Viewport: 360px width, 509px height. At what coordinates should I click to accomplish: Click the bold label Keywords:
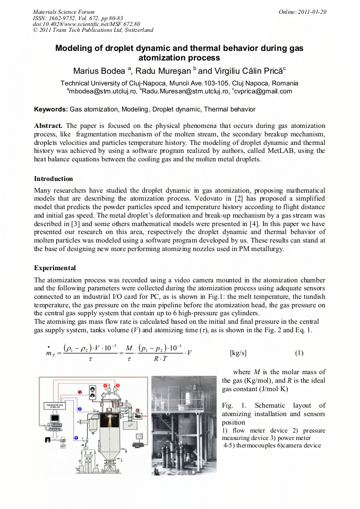click(51, 109)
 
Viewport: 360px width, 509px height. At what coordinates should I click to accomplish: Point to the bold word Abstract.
click(48, 126)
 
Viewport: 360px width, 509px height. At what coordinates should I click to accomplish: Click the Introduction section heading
click(54, 179)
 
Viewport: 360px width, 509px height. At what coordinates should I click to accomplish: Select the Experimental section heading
click(55, 268)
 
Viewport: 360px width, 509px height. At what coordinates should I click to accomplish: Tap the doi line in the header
click(86, 24)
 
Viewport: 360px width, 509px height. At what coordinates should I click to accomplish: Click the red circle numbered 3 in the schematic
click(80, 392)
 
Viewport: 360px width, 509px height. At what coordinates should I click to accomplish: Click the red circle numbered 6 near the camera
click(137, 410)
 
